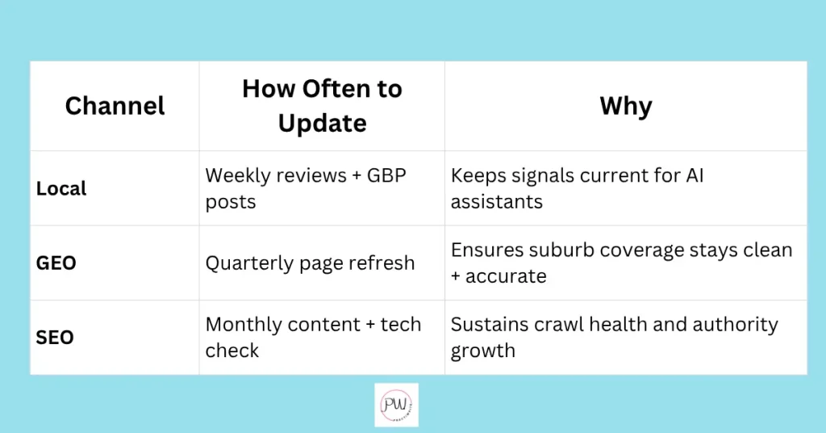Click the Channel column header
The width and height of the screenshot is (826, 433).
pyautogui.click(x=115, y=106)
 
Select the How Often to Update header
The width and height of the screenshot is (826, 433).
pyautogui.click(x=322, y=106)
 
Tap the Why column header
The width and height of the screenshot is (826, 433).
pyautogui.click(x=626, y=107)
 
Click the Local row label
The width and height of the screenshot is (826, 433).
pyautogui.click(x=61, y=188)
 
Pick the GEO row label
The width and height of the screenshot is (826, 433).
pyautogui.click(x=56, y=263)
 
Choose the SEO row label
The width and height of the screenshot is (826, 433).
pyautogui.click(x=55, y=337)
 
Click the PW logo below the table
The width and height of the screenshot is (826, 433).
pyautogui.click(x=396, y=405)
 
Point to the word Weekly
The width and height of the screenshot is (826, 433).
pyautogui.click(x=239, y=175)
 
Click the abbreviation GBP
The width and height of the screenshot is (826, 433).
pyautogui.click(x=386, y=175)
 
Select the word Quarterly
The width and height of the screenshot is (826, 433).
pyautogui.click(x=249, y=263)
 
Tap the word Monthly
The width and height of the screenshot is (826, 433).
pyautogui.click(x=242, y=325)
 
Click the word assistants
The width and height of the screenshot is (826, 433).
pyautogui.click(x=496, y=201)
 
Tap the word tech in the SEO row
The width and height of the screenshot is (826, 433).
pyautogui.click(x=401, y=324)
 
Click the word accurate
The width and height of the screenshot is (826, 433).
pyautogui.click(x=506, y=275)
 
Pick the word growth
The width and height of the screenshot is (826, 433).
pyautogui.click(x=482, y=351)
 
